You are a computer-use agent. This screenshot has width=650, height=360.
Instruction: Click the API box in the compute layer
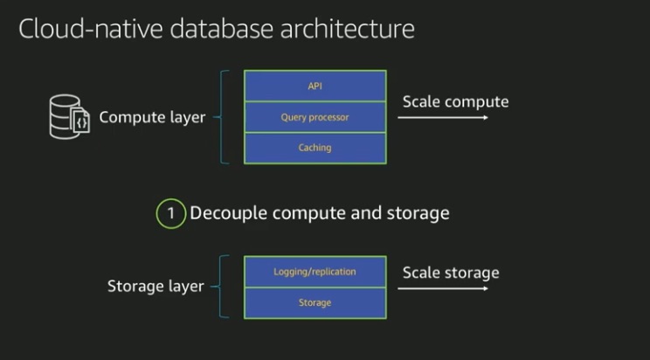click(x=315, y=86)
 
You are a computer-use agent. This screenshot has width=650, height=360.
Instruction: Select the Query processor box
click(x=315, y=116)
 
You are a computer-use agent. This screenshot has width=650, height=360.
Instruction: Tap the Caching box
click(x=315, y=148)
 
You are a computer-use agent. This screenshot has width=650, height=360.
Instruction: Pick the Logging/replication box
click(x=315, y=271)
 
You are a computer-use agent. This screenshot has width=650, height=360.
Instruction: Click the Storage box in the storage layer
click(x=315, y=302)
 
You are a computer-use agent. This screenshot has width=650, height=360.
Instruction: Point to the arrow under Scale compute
click(x=445, y=117)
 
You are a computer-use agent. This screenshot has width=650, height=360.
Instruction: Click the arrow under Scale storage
click(x=445, y=287)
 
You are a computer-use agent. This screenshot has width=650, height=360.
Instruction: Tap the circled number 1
click(x=171, y=213)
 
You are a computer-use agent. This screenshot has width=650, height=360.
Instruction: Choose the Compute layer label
click(x=152, y=117)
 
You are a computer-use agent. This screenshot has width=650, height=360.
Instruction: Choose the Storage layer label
click(x=156, y=287)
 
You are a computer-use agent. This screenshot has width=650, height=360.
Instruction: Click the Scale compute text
click(x=455, y=101)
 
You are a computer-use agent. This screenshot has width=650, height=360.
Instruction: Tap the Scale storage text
click(x=451, y=273)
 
